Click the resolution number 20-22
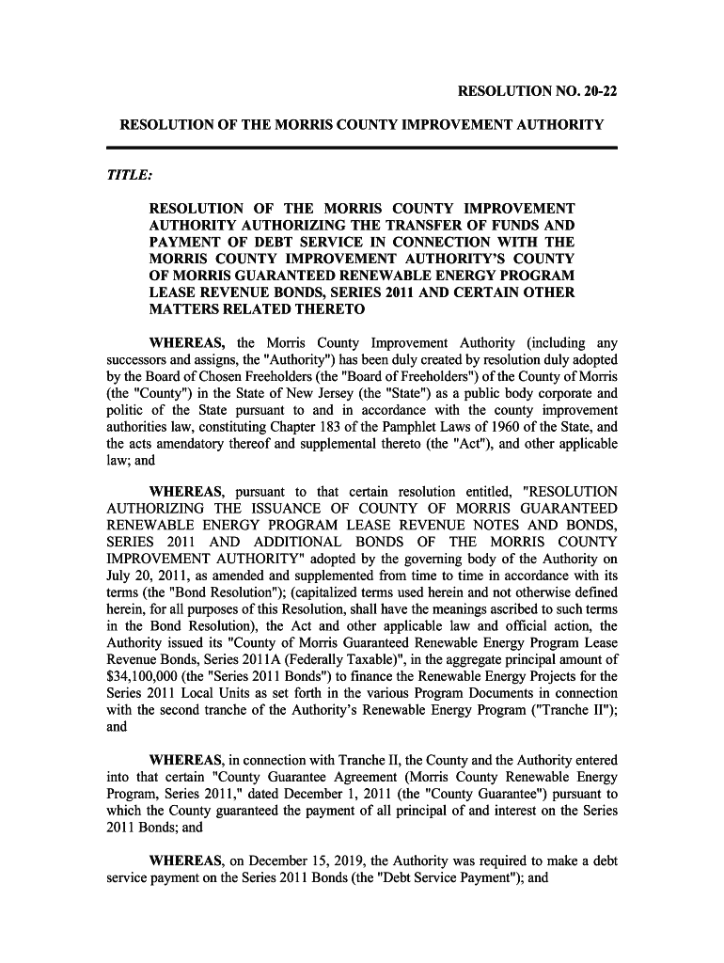[600, 92]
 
